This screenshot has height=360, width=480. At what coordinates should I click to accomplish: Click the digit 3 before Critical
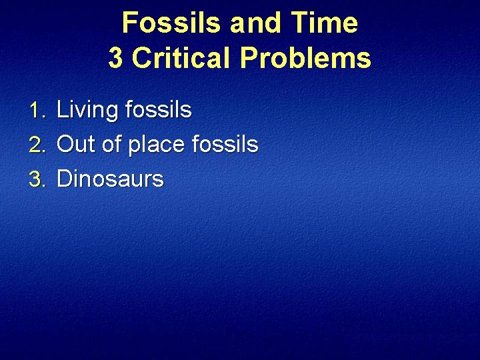pos(115,59)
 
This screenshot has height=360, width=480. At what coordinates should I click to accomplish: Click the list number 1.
pos(37,110)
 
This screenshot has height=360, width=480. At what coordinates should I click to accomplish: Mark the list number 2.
pos(37,144)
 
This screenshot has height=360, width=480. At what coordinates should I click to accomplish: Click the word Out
pos(76,144)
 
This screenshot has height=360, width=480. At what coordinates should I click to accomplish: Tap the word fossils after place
pos(225,144)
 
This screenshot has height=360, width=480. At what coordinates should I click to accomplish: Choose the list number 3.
pos(37,179)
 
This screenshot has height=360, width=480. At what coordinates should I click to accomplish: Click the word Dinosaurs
pos(110,179)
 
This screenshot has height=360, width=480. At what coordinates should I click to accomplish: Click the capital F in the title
pos(129,23)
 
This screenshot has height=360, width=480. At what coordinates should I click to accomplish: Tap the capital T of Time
pos(301,23)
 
